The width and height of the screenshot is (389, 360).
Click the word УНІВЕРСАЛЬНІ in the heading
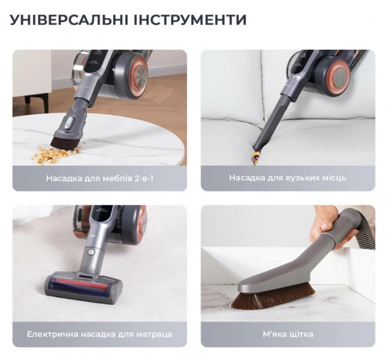point(69,20)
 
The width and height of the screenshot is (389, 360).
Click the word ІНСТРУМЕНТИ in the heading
point(190,20)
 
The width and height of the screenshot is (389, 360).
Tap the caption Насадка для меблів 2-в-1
point(99,179)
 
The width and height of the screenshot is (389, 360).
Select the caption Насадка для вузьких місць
point(288,178)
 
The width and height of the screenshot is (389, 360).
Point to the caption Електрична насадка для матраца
point(99,334)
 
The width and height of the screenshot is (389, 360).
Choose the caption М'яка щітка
point(288,334)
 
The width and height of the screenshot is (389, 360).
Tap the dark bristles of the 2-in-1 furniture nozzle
point(65,143)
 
